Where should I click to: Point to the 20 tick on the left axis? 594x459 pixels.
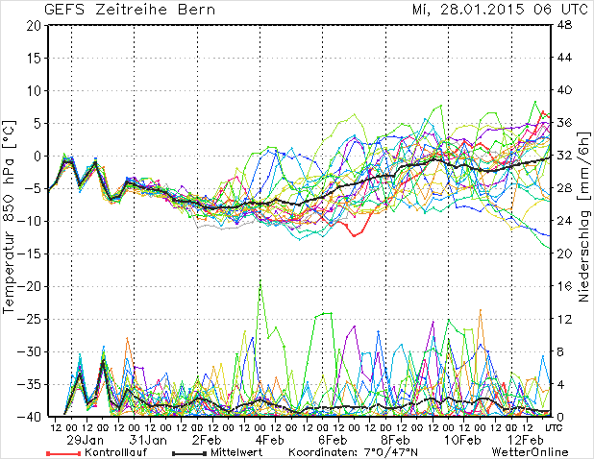tap(32, 25)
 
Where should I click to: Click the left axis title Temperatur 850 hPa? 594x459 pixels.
tap(10, 220)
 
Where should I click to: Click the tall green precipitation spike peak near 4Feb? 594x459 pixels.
tap(260, 284)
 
